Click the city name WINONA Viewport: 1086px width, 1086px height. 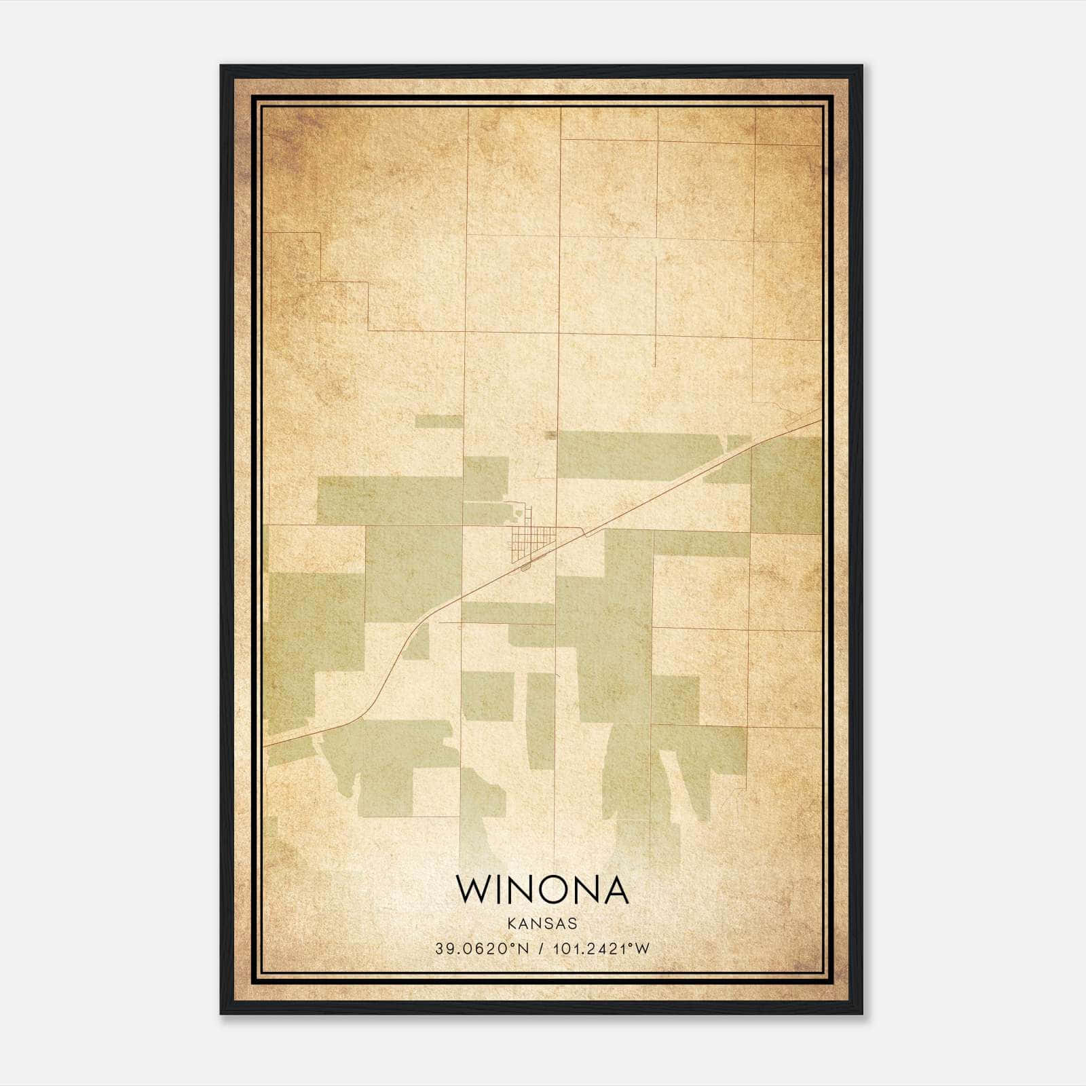point(542,889)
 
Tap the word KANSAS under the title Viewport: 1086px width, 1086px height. point(542,924)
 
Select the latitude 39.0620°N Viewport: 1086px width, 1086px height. point(482,949)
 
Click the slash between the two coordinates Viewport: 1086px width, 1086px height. point(541,949)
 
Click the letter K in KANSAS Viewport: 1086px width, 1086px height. point(510,924)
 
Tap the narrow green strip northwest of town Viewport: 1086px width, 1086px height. point(438,422)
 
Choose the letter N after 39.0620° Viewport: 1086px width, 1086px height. point(523,949)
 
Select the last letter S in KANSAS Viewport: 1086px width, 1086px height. point(573,924)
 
